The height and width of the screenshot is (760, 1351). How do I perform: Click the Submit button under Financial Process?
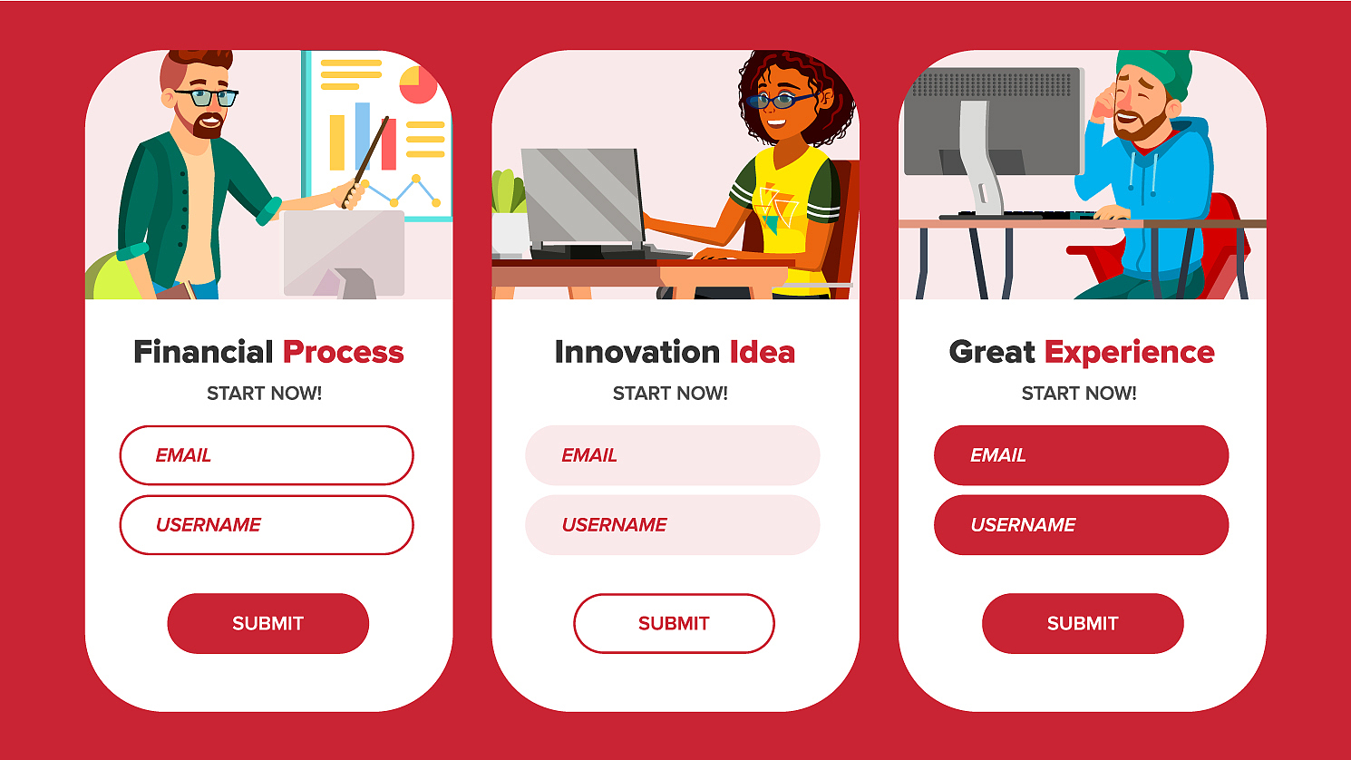coord(267,623)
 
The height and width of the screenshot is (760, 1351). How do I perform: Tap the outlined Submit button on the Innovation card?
coord(674,623)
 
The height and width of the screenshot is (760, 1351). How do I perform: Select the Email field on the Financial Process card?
coord(267,454)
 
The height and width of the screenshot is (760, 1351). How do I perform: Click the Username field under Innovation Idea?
coord(673,525)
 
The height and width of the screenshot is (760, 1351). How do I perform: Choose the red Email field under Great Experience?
coord(1081,454)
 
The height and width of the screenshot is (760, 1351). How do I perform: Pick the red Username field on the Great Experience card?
coord(1081,525)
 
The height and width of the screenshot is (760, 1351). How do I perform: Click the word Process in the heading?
coord(343,352)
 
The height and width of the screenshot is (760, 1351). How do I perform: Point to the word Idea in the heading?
coord(763,352)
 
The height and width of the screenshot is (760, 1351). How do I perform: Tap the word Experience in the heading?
coord(1129,353)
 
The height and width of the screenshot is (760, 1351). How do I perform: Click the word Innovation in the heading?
coord(637,352)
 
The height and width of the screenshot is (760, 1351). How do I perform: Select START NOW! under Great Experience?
coord(1079,394)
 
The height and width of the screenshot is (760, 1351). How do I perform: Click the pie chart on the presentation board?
coord(418,84)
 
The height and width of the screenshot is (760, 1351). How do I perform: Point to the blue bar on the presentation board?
coord(363,136)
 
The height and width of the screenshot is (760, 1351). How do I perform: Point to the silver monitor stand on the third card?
coord(978,158)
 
